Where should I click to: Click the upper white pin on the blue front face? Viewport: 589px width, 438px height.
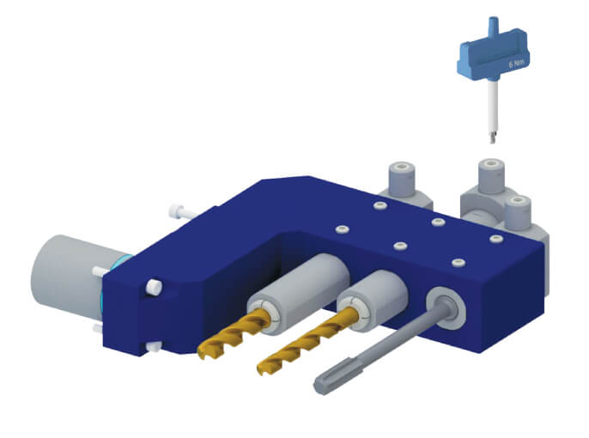pos(155,286)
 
